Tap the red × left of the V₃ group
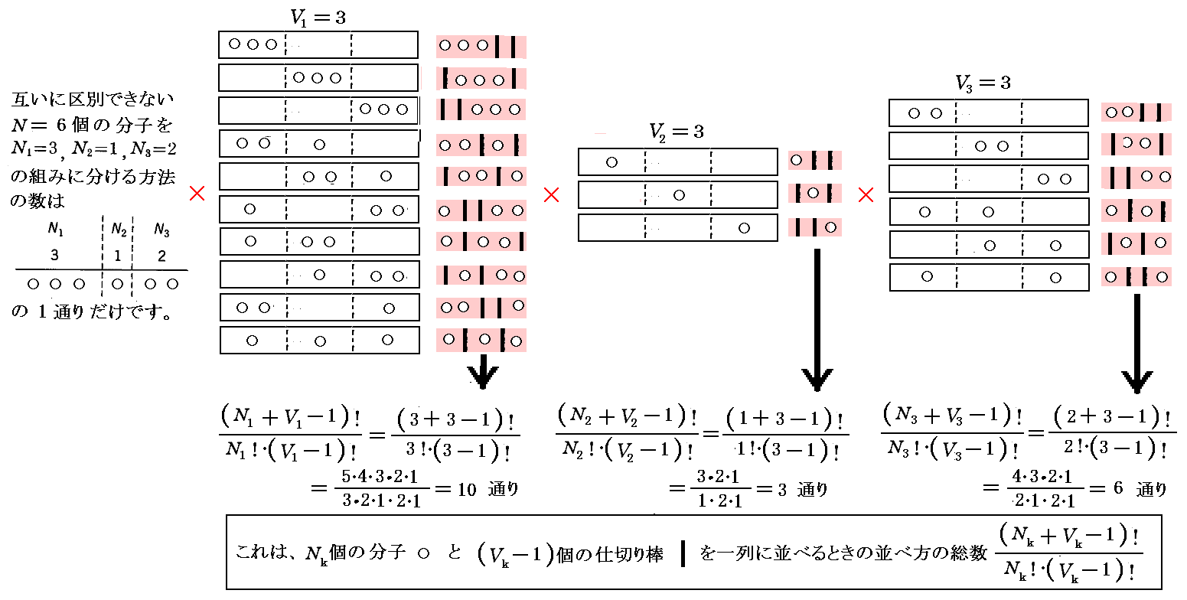click(866, 196)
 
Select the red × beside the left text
click(197, 194)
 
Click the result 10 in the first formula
click(467, 489)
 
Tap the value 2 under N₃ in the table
click(161, 256)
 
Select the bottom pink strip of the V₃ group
click(1136, 277)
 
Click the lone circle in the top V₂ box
click(611, 161)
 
